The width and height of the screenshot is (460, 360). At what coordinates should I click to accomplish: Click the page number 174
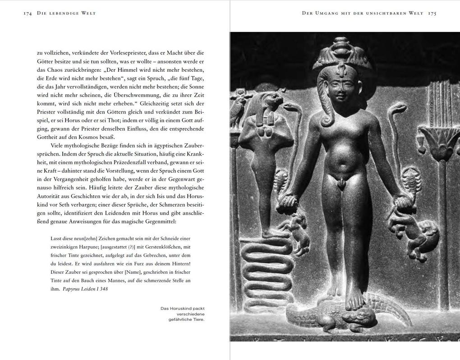[x=28, y=14]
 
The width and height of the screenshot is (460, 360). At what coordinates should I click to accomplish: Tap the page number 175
[x=432, y=14]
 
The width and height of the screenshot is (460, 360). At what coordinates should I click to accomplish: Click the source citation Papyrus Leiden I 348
[x=85, y=289]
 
